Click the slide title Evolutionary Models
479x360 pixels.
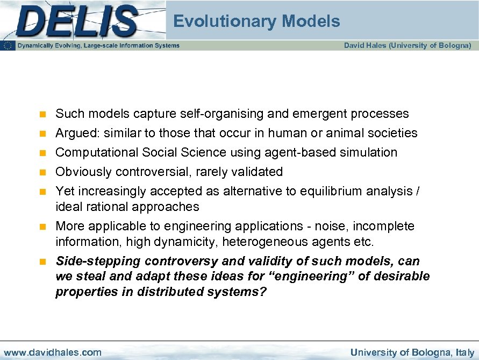[x=256, y=22]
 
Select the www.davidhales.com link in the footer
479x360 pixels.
[x=52, y=352]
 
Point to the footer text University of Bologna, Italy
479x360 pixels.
[x=412, y=352]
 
